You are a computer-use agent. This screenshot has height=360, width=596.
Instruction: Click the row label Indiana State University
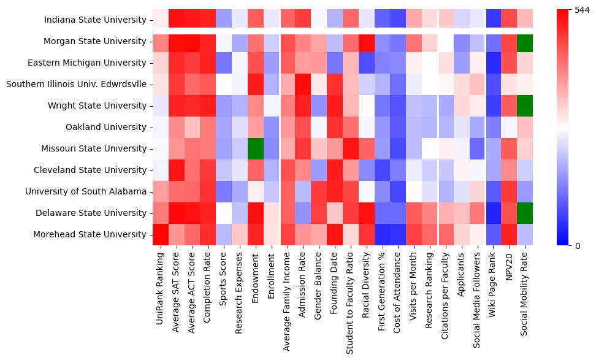(x=95, y=20)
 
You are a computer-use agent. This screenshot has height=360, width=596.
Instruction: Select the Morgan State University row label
(x=95, y=42)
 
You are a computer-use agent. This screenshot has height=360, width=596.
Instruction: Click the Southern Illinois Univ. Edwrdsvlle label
(x=76, y=85)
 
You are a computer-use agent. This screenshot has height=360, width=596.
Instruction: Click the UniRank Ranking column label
(x=161, y=287)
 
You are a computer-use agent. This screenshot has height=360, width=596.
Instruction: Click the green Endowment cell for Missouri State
(x=256, y=149)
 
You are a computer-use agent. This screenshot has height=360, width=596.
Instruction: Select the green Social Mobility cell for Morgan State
(x=525, y=42)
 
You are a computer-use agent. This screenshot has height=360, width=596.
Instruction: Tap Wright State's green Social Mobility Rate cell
(x=525, y=106)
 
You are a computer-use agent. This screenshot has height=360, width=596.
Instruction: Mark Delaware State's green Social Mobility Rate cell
(x=525, y=213)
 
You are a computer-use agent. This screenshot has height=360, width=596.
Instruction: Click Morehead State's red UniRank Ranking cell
(x=160, y=234)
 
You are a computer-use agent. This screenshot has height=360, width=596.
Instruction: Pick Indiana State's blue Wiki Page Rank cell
(x=493, y=20)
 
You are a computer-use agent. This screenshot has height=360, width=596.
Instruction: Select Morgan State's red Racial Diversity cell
(x=365, y=42)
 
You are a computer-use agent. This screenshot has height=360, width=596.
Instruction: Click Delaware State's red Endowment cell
(x=256, y=213)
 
